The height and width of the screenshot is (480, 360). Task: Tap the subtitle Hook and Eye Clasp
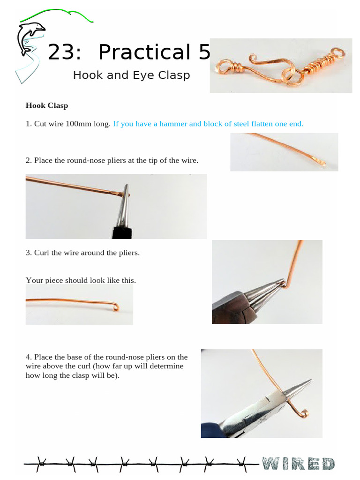[131, 75]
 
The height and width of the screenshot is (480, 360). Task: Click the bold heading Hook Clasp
[47, 105]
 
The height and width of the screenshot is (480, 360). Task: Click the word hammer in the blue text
[173, 124]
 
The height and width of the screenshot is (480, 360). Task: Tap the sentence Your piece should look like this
[81, 280]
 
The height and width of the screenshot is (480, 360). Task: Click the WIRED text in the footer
[298, 464]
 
